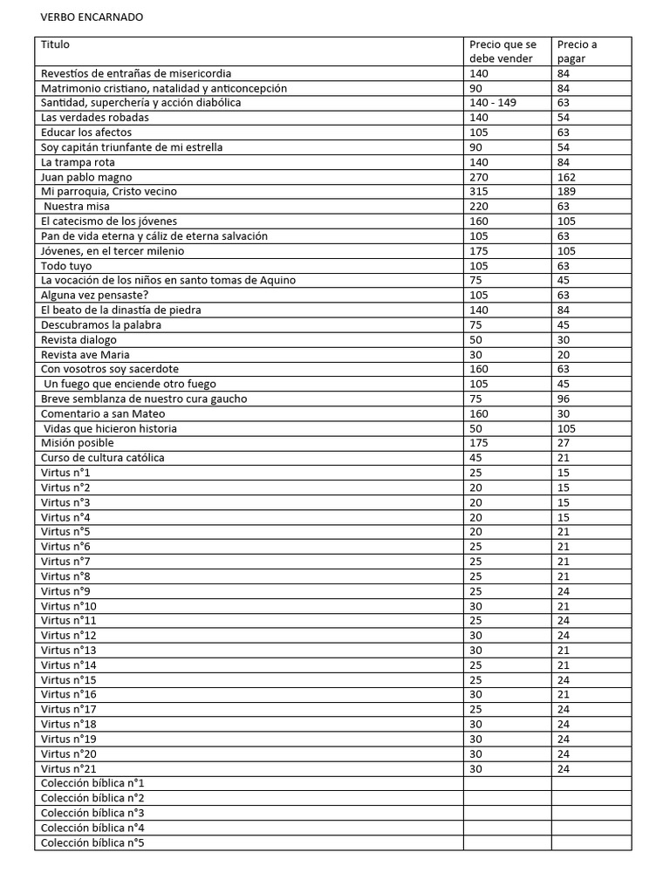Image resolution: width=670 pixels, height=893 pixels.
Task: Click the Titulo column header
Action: pyautogui.click(x=55, y=44)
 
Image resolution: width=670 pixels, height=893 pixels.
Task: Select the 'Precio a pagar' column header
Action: pyautogui.click(x=577, y=51)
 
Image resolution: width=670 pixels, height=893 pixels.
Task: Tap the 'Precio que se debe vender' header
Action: pyautogui.click(x=502, y=51)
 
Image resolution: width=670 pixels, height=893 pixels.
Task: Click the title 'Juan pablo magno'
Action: pyautogui.click(x=86, y=177)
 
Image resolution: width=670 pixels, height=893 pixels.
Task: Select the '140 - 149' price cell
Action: pyautogui.click(x=493, y=103)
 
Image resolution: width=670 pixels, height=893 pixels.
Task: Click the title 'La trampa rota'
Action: pyautogui.click(x=78, y=162)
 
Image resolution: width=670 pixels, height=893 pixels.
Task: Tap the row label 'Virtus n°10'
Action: pyautogui.click(x=69, y=606)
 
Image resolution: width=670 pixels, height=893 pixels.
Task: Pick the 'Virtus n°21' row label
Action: pyautogui.click(x=69, y=769)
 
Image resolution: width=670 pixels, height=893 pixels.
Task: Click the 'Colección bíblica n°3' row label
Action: pyautogui.click(x=92, y=814)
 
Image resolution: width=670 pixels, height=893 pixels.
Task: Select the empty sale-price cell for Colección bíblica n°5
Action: pyautogui.click(x=507, y=843)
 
